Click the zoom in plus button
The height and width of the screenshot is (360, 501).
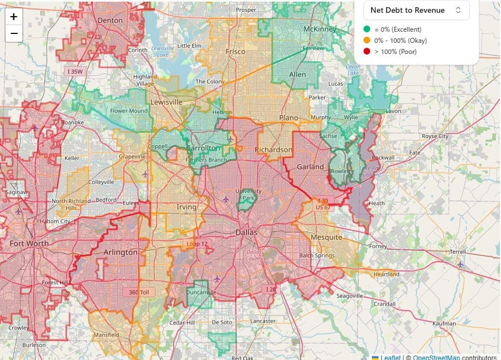14,17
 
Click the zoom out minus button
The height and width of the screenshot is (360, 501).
14,33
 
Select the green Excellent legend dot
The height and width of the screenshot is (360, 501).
367,29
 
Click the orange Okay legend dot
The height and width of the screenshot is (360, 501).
367,40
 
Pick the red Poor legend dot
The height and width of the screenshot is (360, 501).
367,51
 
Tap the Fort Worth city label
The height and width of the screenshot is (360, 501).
29,243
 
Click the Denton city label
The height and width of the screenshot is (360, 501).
110,20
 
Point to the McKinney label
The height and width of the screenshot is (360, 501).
320,29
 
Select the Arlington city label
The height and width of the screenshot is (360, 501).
120,252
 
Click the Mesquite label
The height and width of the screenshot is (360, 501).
326,237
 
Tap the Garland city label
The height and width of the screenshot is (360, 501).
310,166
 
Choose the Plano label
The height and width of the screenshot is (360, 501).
288,118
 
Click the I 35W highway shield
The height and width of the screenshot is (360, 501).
75,71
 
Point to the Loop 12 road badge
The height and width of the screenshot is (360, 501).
198,244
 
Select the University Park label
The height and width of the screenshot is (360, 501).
248,194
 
